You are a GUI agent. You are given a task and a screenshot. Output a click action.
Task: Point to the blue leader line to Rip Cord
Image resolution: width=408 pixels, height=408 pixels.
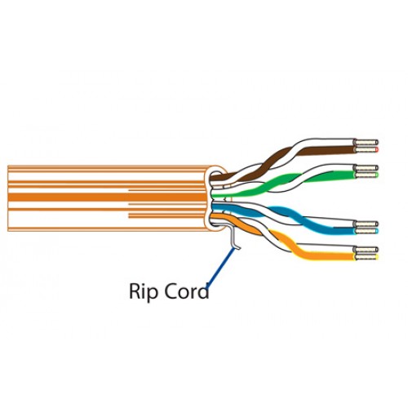coord(220,266)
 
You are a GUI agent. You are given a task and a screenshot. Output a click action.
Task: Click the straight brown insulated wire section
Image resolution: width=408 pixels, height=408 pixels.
coord(326,150)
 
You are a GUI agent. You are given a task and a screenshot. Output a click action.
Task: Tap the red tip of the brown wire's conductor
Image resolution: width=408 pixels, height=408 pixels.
coord(377,149)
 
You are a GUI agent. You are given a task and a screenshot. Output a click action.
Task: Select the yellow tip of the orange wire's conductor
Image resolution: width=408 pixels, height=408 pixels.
coord(377,256)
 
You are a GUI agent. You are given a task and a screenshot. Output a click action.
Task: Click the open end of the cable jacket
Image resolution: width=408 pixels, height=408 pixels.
coord(216,198)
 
